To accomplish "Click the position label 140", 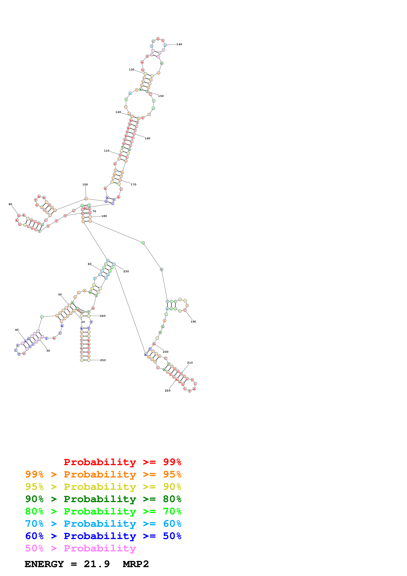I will click(x=179, y=44).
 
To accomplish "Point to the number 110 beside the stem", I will click(x=107, y=151).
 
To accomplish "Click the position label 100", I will click(x=85, y=184).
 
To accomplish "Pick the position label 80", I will click(x=10, y=204).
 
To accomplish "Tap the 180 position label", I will click(x=104, y=216).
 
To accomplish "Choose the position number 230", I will click(x=126, y=271).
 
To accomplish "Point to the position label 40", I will click(x=17, y=330).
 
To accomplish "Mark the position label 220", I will click(x=167, y=391).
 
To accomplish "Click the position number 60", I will click(x=89, y=264).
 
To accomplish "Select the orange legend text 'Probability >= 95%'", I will click(x=103, y=474).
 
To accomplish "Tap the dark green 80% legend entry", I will click(x=103, y=499).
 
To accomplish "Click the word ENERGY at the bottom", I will click(x=44, y=564).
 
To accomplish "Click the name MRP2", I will click(x=136, y=564).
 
